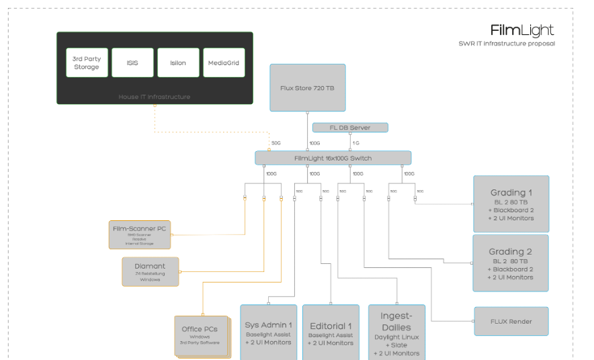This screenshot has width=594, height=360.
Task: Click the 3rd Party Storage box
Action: (87, 62)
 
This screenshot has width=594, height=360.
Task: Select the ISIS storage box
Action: (132, 62)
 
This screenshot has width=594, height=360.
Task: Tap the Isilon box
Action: (178, 62)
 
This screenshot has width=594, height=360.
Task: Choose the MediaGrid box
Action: (224, 62)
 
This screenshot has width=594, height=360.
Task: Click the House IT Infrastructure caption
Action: (155, 97)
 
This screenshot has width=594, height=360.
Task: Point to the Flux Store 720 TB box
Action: (308, 87)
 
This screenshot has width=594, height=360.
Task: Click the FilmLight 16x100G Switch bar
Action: (333, 158)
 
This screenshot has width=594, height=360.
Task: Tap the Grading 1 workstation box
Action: (511, 204)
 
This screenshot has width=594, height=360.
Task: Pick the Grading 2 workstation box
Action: (511, 263)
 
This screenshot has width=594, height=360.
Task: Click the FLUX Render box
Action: (511, 321)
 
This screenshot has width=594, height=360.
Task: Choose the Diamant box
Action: (151, 271)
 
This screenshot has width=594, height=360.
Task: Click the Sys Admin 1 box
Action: (269, 332)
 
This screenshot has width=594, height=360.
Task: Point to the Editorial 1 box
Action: (331, 332)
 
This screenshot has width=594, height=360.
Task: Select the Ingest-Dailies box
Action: (396, 332)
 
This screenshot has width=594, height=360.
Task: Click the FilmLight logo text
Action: (522, 30)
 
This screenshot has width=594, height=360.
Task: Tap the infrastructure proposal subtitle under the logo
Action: (507, 44)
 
